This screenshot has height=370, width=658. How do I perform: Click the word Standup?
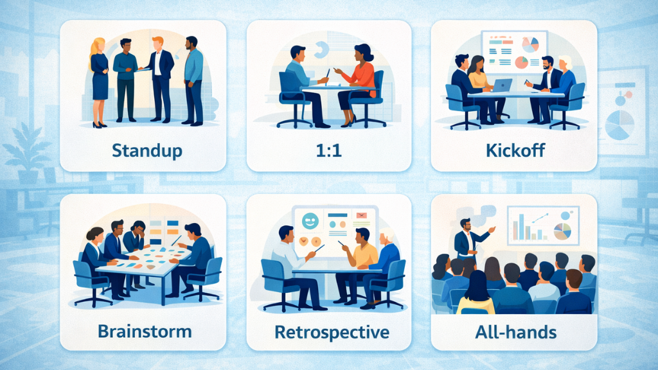point(147,152)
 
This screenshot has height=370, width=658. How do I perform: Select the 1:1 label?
point(329,152)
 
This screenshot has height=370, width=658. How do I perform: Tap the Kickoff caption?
point(514,152)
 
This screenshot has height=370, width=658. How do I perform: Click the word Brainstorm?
point(145,331)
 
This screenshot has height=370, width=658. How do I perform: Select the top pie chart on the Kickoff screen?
point(531,44)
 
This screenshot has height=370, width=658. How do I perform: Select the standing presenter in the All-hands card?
point(465,241)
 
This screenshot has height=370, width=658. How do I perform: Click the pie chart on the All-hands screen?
point(563,232)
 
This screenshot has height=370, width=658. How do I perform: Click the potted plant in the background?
point(26,151)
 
